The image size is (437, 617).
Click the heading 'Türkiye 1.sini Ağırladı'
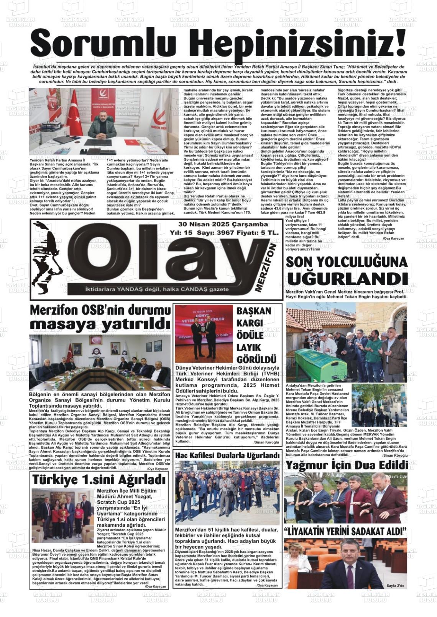click(98, 480)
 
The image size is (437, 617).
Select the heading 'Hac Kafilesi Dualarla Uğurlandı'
click(227, 456)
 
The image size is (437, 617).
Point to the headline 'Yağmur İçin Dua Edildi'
click(346, 465)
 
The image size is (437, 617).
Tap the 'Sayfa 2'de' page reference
click(395, 586)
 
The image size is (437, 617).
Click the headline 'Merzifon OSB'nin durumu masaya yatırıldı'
click(100, 317)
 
